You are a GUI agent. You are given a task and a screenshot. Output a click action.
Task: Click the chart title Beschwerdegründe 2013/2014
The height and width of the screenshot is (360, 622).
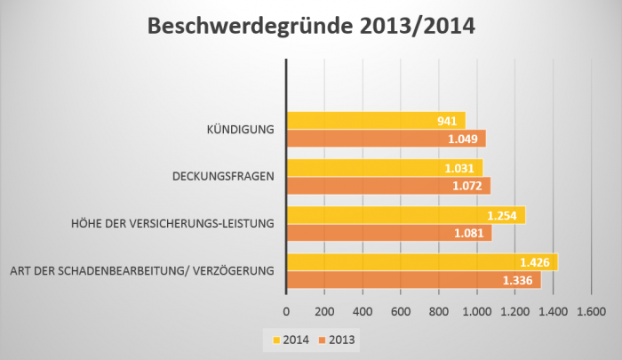coord(311,27)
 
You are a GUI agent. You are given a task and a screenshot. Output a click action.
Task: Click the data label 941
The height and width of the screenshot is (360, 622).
coord(449,121)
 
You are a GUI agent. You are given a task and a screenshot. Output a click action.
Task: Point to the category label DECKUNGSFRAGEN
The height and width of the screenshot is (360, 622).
coord(222,177)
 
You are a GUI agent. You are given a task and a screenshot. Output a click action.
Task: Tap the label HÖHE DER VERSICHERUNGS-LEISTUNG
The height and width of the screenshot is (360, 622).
coord(172,224)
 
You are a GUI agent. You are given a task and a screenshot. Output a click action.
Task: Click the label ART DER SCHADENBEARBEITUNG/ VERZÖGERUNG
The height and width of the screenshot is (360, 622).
coord(140,270)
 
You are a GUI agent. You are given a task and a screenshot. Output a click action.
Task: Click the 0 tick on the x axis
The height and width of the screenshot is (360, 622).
coord(285,312)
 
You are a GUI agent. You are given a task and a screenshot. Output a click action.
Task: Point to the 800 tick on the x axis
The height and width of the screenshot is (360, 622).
coord(438,312)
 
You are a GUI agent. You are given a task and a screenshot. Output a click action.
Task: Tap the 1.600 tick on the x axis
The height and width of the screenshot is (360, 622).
coord(591,312)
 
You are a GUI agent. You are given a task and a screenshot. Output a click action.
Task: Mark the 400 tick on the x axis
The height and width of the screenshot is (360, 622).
coord(362,312)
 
